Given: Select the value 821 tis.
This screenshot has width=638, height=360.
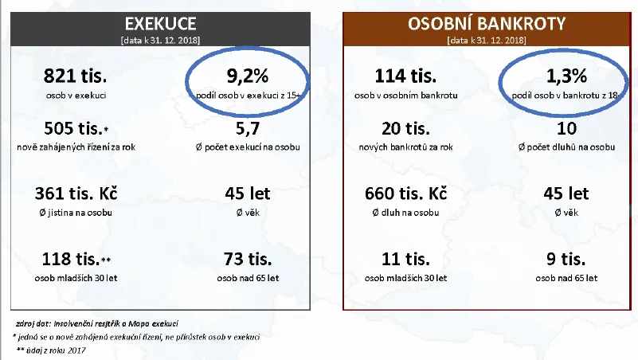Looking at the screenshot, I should (x=76, y=77).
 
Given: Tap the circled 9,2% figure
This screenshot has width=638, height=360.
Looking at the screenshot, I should (x=247, y=77).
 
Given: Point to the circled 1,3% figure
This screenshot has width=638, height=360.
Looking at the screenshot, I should (x=566, y=77).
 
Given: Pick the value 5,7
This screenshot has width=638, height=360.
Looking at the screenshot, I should (x=247, y=129).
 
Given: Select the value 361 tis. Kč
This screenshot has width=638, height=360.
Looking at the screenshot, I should (x=76, y=194).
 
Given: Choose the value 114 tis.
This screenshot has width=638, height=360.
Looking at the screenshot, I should (x=405, y=77).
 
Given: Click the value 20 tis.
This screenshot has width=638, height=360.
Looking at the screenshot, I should (x=405, y=129).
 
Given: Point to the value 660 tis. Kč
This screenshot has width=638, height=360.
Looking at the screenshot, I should (x=405, y=194).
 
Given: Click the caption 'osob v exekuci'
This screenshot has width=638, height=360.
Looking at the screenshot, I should (x=76, y=96).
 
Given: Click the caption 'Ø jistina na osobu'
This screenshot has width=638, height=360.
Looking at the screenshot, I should (x=76, y=213).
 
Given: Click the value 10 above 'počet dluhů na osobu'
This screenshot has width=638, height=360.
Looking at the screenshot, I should (x=566, y=129).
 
